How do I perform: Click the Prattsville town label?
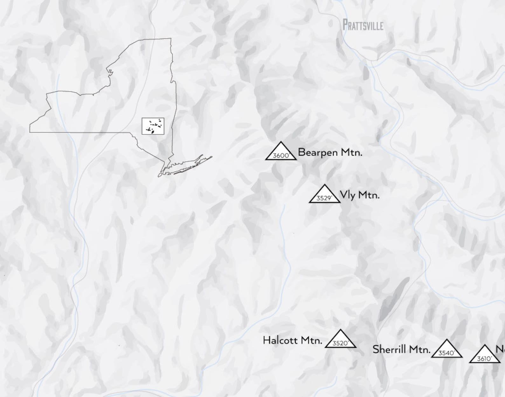363,25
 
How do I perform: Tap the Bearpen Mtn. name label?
330,152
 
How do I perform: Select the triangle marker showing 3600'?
281,151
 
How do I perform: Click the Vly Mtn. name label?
359,195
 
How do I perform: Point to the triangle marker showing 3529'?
324,194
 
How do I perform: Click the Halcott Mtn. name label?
292,340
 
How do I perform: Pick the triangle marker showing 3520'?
340,340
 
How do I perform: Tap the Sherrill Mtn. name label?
401,349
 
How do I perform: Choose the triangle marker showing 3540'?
446,349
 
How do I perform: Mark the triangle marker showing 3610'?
484,355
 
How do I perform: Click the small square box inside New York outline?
153,126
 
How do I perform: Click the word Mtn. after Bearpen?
351,152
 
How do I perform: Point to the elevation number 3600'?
281,156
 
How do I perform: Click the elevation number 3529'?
324,198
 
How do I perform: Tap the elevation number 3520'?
340,343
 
